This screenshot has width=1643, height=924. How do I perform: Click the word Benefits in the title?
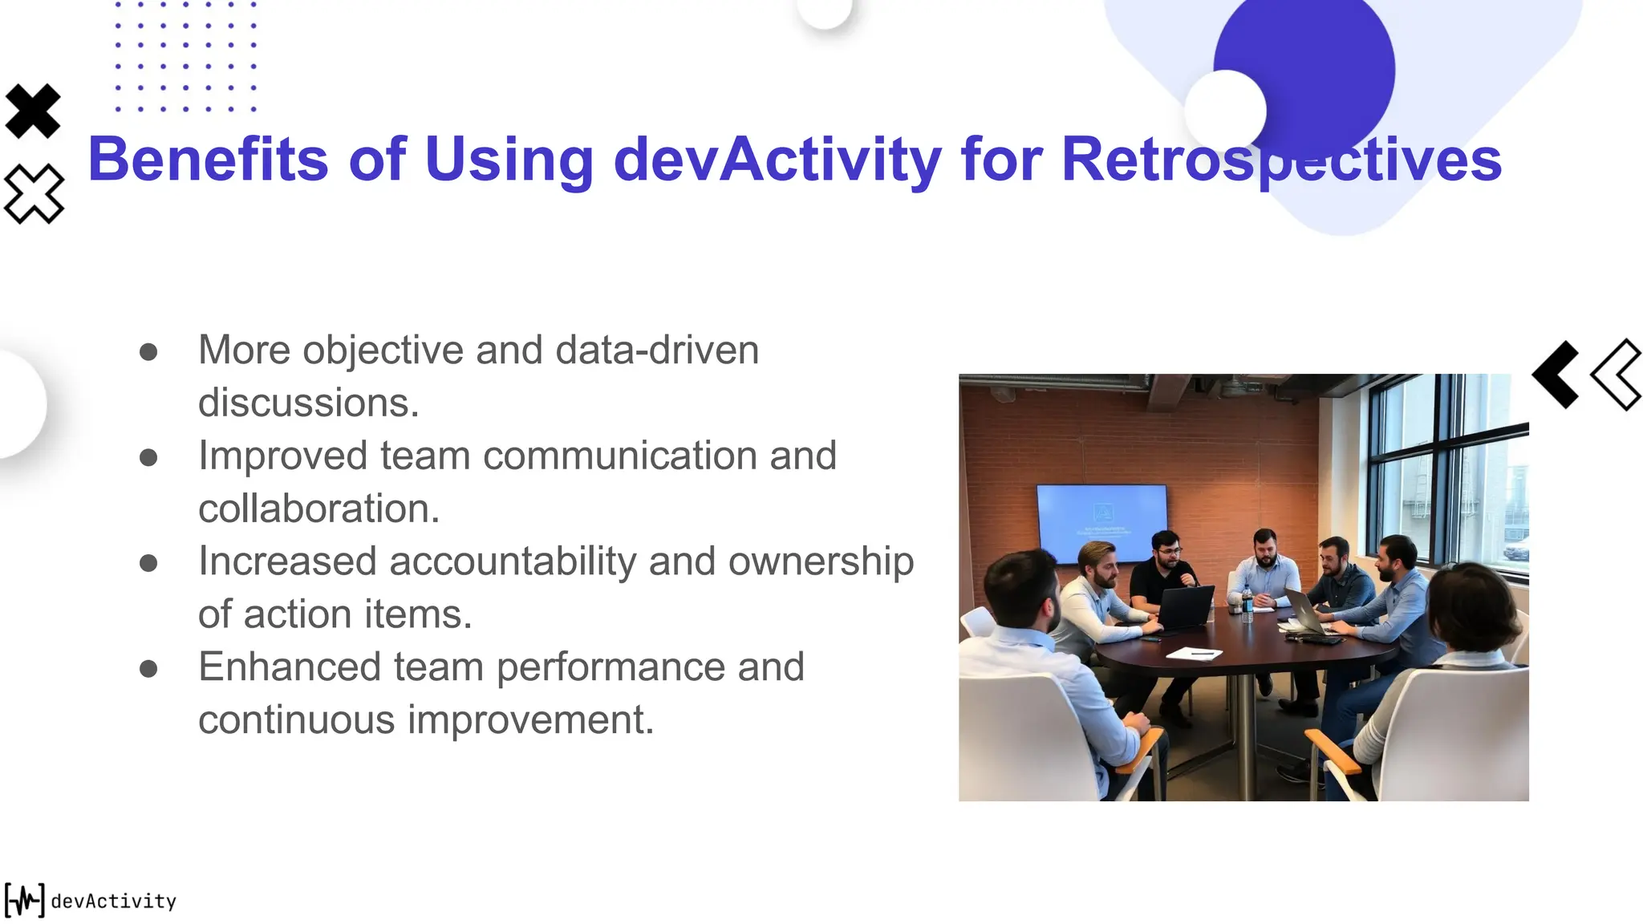tap(207, 159)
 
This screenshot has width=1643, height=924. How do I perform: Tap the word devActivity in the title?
tap(777, 159)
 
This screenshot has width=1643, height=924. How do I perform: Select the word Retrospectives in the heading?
tap(1280, 159)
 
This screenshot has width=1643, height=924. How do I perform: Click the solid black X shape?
tap(33, 111)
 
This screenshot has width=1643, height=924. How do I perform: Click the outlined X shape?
tap(34, 193)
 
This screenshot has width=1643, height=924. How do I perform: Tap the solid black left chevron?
tap(1556, 375)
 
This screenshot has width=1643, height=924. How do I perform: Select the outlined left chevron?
tap(1617, 375)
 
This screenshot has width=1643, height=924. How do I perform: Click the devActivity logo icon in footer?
tap(24, 900)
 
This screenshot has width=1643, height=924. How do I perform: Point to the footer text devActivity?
tap(113, 901)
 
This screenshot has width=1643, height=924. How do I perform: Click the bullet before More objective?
tap(148, 351)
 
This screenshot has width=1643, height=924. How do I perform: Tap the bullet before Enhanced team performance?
tap(148, 668)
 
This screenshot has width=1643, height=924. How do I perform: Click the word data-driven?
tap(656, 351)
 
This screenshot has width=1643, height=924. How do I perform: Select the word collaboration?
tap(318, 509)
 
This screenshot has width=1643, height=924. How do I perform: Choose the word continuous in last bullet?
tap(296, 719)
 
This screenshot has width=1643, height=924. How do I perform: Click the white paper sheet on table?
tap(1194, 654)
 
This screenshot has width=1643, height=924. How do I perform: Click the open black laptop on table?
tap(1185, 608)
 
